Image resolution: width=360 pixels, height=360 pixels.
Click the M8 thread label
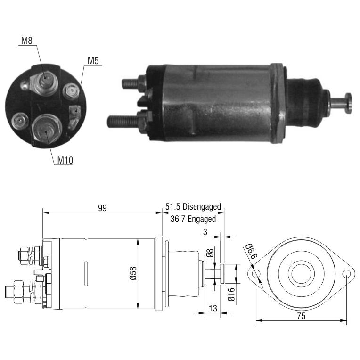[27, 41]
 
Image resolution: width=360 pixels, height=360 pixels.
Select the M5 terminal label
[93, 61]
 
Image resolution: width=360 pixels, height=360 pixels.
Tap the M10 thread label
[65, 160]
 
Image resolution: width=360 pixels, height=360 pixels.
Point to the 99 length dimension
[102, 208]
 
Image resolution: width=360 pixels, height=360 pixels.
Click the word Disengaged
[202, 207]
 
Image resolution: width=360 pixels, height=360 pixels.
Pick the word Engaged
[202, 219]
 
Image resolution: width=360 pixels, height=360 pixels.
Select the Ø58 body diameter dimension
[133, 273]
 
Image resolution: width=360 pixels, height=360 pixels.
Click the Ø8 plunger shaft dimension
[210, 253]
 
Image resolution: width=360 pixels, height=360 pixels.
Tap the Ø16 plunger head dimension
[231, 295]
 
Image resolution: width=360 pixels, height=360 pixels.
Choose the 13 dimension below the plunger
[213, 308]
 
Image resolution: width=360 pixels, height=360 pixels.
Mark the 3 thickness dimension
[205, 232]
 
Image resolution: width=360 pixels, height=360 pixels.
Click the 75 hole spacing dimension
[301, 316]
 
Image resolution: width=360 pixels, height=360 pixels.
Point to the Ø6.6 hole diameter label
[252, 251]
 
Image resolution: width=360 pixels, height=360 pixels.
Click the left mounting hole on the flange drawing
[256, 274]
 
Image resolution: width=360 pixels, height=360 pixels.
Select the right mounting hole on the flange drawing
[346, 274]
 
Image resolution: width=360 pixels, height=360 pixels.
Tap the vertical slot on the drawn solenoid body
[86, 274]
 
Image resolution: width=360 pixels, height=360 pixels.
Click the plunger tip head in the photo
[349, 103]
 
